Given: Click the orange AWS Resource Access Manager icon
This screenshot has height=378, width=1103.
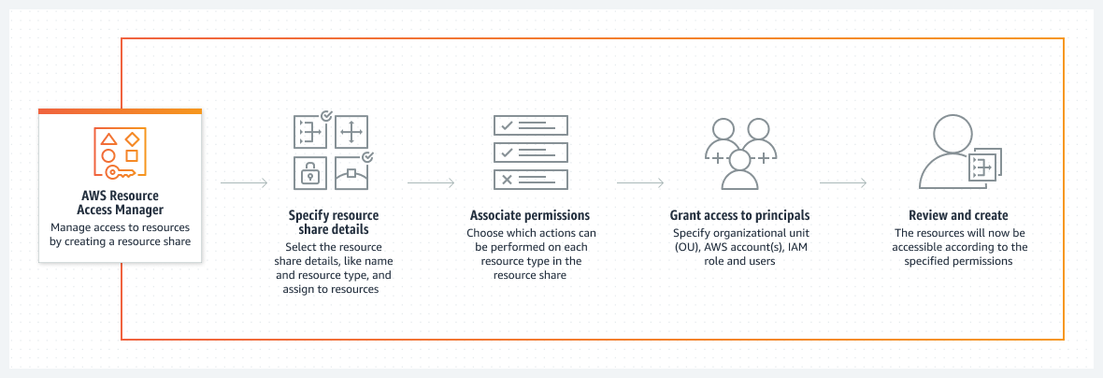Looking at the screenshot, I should pyautogui.click(x=120, y=151).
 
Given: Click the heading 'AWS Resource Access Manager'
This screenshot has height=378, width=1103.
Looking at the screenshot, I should pyautogui.click(x=120, y=203).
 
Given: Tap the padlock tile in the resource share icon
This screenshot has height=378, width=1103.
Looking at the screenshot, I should pyautogui.click(x=308, y=172).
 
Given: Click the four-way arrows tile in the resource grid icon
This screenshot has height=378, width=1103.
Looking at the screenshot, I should pyautogui.click(x=351, y=133).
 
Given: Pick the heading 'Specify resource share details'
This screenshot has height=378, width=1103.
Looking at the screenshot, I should pyautogui.click(x=334, y=222).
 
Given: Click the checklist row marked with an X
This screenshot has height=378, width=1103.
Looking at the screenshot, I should pyautogui.click(x=530, y=179).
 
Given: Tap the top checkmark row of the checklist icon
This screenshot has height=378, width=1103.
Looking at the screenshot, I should pyautogui.click(x=530, y=125).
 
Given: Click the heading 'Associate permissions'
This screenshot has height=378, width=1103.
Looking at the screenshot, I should pyautogui.click(x=530, y=215).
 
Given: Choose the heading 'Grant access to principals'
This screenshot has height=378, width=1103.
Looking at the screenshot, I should pyautogui.click(x=739, y=215).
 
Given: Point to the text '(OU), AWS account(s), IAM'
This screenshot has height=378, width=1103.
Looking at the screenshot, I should pyautogui.click(x=739, y=248).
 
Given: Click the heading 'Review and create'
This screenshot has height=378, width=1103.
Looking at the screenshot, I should pyautogui.click(x=958, y=215).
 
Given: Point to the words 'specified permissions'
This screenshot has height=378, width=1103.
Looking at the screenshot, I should pyautogui.click(x=958, y=262).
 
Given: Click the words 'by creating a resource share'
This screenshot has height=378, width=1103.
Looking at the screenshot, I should pyautogui.click(x=120, y=241).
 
